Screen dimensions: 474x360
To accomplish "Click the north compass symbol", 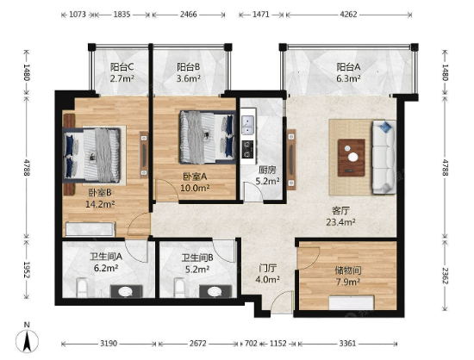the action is [27, 341].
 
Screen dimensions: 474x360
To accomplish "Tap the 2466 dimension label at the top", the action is [189, 14].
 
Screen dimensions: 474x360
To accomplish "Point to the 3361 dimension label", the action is [347, 344].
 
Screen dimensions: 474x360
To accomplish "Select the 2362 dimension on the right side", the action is [445, 276].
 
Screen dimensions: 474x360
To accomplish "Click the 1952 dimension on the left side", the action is [27, 270].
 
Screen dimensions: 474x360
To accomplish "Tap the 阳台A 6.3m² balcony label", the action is [348, 72].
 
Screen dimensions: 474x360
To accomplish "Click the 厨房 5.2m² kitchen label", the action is [267, 176].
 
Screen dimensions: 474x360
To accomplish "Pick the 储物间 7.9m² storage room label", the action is [348, 276].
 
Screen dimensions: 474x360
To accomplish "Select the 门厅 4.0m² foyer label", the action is [267, 274].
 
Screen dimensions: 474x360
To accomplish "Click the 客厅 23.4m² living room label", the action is [340, 216].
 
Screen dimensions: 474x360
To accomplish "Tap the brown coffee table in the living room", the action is [352, 158].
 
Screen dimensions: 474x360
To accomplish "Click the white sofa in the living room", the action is [384, 157].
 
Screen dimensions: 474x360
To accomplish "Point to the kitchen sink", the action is [249, 126].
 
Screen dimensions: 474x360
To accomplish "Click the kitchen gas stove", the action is [248, 149].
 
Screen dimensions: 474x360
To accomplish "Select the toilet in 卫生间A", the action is [82, 288].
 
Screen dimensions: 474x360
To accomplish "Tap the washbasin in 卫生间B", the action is [215, 291].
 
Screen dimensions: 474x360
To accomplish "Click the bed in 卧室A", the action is [208, 137].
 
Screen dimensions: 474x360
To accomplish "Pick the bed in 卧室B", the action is [92, 155].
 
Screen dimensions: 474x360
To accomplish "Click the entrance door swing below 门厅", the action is [282, 301].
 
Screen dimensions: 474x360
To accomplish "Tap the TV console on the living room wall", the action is [291, 159].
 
